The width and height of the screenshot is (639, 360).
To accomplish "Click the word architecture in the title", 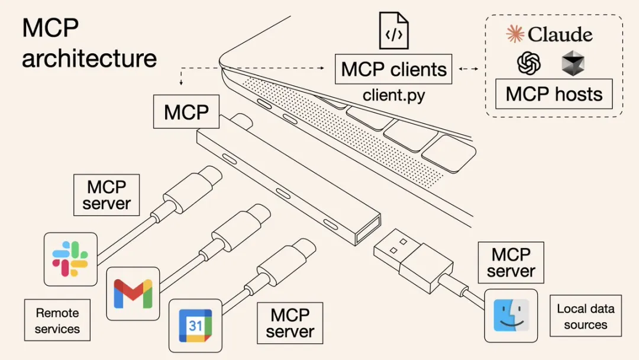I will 89,58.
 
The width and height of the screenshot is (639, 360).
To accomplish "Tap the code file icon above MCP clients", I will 394,32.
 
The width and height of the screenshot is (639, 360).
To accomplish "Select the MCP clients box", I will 393,69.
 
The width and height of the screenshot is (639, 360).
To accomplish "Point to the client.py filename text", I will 393,95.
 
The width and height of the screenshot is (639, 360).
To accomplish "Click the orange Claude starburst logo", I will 515,34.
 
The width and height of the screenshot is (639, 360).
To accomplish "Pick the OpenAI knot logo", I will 529,63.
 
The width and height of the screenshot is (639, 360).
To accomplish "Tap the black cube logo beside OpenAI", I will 573,63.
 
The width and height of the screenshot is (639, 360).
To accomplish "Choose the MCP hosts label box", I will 554,94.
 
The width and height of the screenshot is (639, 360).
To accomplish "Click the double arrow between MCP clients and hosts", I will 469,69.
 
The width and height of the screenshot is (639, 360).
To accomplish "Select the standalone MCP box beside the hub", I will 186,112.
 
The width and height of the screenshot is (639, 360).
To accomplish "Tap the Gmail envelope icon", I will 133,293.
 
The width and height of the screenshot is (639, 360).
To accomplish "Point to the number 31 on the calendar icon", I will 195,325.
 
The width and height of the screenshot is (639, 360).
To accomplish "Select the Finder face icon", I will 511,315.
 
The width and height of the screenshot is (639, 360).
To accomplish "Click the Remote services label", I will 57,320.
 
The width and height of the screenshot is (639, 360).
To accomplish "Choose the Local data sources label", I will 585,316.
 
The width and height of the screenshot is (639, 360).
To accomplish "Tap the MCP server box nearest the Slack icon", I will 106,195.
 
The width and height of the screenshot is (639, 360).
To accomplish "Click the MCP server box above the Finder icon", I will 511,262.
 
